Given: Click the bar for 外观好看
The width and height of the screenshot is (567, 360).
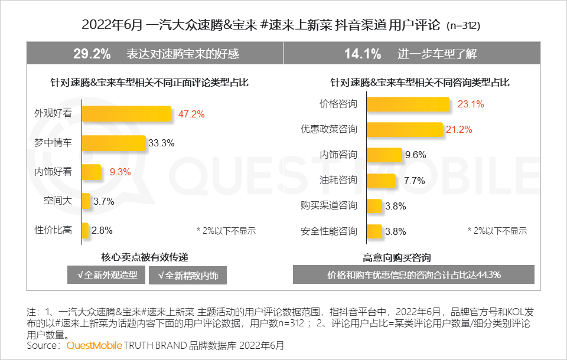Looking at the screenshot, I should coord(126,114).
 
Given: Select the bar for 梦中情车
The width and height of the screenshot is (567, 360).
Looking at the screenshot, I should coord(113,143).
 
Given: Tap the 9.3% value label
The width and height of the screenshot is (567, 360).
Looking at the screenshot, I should coord(120,172).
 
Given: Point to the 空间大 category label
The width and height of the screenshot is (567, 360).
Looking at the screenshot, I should coord(57,201).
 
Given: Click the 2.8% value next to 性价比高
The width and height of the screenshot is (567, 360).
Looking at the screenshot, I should coord(101,230).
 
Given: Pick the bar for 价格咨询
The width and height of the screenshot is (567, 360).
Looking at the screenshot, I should coord(408,104).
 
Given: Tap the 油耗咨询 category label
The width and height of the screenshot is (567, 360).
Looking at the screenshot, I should coord(338,180).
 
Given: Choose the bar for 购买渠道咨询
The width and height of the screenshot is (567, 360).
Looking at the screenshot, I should coord(374,205).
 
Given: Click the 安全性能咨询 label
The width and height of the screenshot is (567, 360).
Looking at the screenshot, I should coord(329,231).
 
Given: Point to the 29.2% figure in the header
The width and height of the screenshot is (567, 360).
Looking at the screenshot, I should coord(92,54).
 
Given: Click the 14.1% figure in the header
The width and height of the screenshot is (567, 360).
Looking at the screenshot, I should coord(362,54).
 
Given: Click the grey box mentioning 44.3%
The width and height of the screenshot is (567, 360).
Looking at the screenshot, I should coord(413,274).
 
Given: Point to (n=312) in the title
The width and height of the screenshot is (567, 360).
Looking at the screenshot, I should coord(463,27).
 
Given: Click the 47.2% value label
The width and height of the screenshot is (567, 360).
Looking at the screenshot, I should coord(191,114).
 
